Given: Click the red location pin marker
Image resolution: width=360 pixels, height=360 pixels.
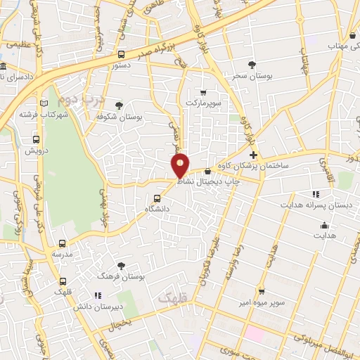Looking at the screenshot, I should [x=181, y=165].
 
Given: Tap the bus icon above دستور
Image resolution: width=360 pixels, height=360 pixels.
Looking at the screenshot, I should [x=122, y=54].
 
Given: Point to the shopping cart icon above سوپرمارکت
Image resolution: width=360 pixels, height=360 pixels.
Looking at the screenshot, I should [x=203, y=92].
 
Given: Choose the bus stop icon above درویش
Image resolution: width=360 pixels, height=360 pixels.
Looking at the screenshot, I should [x=36, y=139].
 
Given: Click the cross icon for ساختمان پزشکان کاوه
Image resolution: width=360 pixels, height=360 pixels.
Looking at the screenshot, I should [x=253, y=155].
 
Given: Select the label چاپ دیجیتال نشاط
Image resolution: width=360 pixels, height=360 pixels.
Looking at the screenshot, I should [x=219, y=181].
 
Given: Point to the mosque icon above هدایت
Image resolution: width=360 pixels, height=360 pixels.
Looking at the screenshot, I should [x=324, y=225].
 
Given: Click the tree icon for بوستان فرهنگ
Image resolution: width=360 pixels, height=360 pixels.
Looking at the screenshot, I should [x=121, y=266].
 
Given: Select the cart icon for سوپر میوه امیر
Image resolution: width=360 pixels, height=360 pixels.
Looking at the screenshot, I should [x=260, y=291].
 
